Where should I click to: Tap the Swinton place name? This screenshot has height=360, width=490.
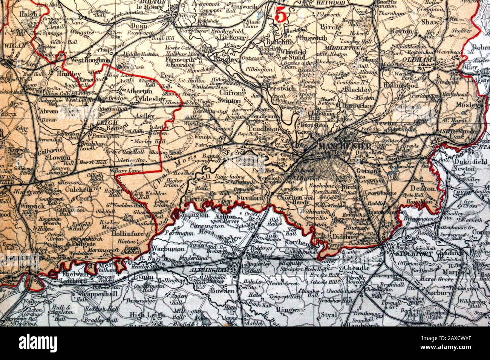tap(229, 101)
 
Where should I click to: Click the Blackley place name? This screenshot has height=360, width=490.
tap(357, 90)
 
